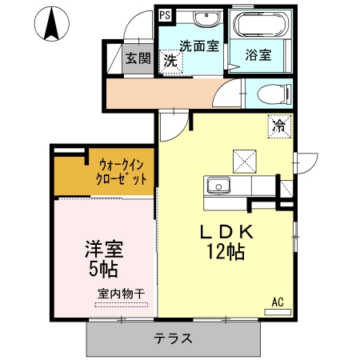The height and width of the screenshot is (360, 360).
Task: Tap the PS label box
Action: tap(164, 14)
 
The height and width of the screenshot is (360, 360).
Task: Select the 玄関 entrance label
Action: tap(138, 58)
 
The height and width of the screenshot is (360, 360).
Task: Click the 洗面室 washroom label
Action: tap(198, 46)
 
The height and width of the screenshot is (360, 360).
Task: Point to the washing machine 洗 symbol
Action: tap(170, 60)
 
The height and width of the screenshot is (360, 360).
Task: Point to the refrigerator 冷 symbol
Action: tap(279, 126)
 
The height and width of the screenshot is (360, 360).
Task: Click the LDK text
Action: tap(226, 232)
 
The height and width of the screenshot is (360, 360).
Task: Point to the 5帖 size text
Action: tap(104, 268)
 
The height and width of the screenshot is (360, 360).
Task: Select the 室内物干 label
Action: tap(121, 294)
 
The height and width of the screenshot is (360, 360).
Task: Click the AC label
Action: tap(278, 302)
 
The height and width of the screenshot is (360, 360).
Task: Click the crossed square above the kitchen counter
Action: tap(242, 159)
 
